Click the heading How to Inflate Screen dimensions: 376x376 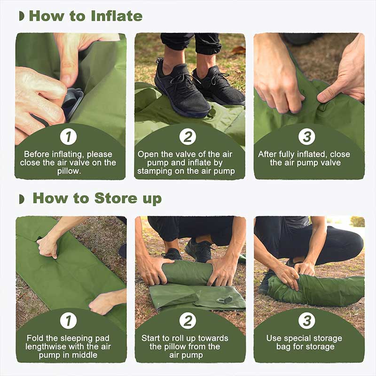[x=86, y=16]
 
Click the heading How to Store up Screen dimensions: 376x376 [x=97, y=198]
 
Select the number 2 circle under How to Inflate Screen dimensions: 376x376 [x=188, y=137]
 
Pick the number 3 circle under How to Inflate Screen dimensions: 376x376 [x=307, y=137]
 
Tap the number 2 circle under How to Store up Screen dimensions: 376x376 [x=188, y=321]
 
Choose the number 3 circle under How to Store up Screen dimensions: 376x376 [x=307, y=321]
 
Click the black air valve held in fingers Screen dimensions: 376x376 [x=71, y=101]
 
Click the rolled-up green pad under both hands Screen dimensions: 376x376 [x=188, y=273]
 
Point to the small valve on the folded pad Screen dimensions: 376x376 [x=225, y=299]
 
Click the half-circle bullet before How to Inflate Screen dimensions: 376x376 [x=21, y=16]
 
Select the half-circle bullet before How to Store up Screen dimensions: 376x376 [x=21, y=199]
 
